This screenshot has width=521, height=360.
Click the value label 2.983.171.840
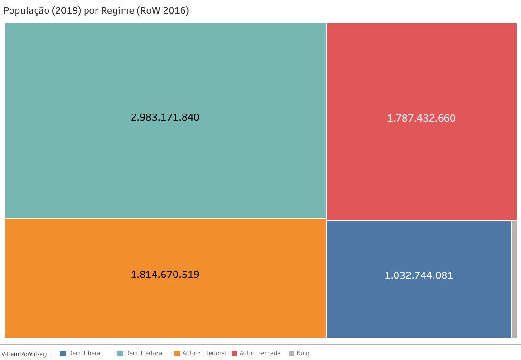[165, 117]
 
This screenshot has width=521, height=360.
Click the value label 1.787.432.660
[421, 118]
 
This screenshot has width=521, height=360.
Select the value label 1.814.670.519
[165, 275]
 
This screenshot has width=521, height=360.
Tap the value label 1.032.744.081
[419, 275]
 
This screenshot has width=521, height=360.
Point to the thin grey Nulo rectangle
[514, 279]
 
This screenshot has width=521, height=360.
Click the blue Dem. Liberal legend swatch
[63, 353]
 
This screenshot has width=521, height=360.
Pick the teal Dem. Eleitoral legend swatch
[120, 353]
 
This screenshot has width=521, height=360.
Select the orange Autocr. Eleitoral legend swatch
[177, 353]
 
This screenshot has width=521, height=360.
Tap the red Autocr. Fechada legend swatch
[234, 353]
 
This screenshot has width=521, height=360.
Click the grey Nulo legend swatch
[291, 353]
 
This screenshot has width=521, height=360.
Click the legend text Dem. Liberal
[85, 353]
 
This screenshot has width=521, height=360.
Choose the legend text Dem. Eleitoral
[145, 353]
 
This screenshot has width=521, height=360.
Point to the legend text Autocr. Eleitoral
[204, 353]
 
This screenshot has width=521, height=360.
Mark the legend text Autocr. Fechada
[260, 353]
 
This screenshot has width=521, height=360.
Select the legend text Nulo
[303, 353]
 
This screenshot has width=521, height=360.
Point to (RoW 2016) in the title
[163, 11]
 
